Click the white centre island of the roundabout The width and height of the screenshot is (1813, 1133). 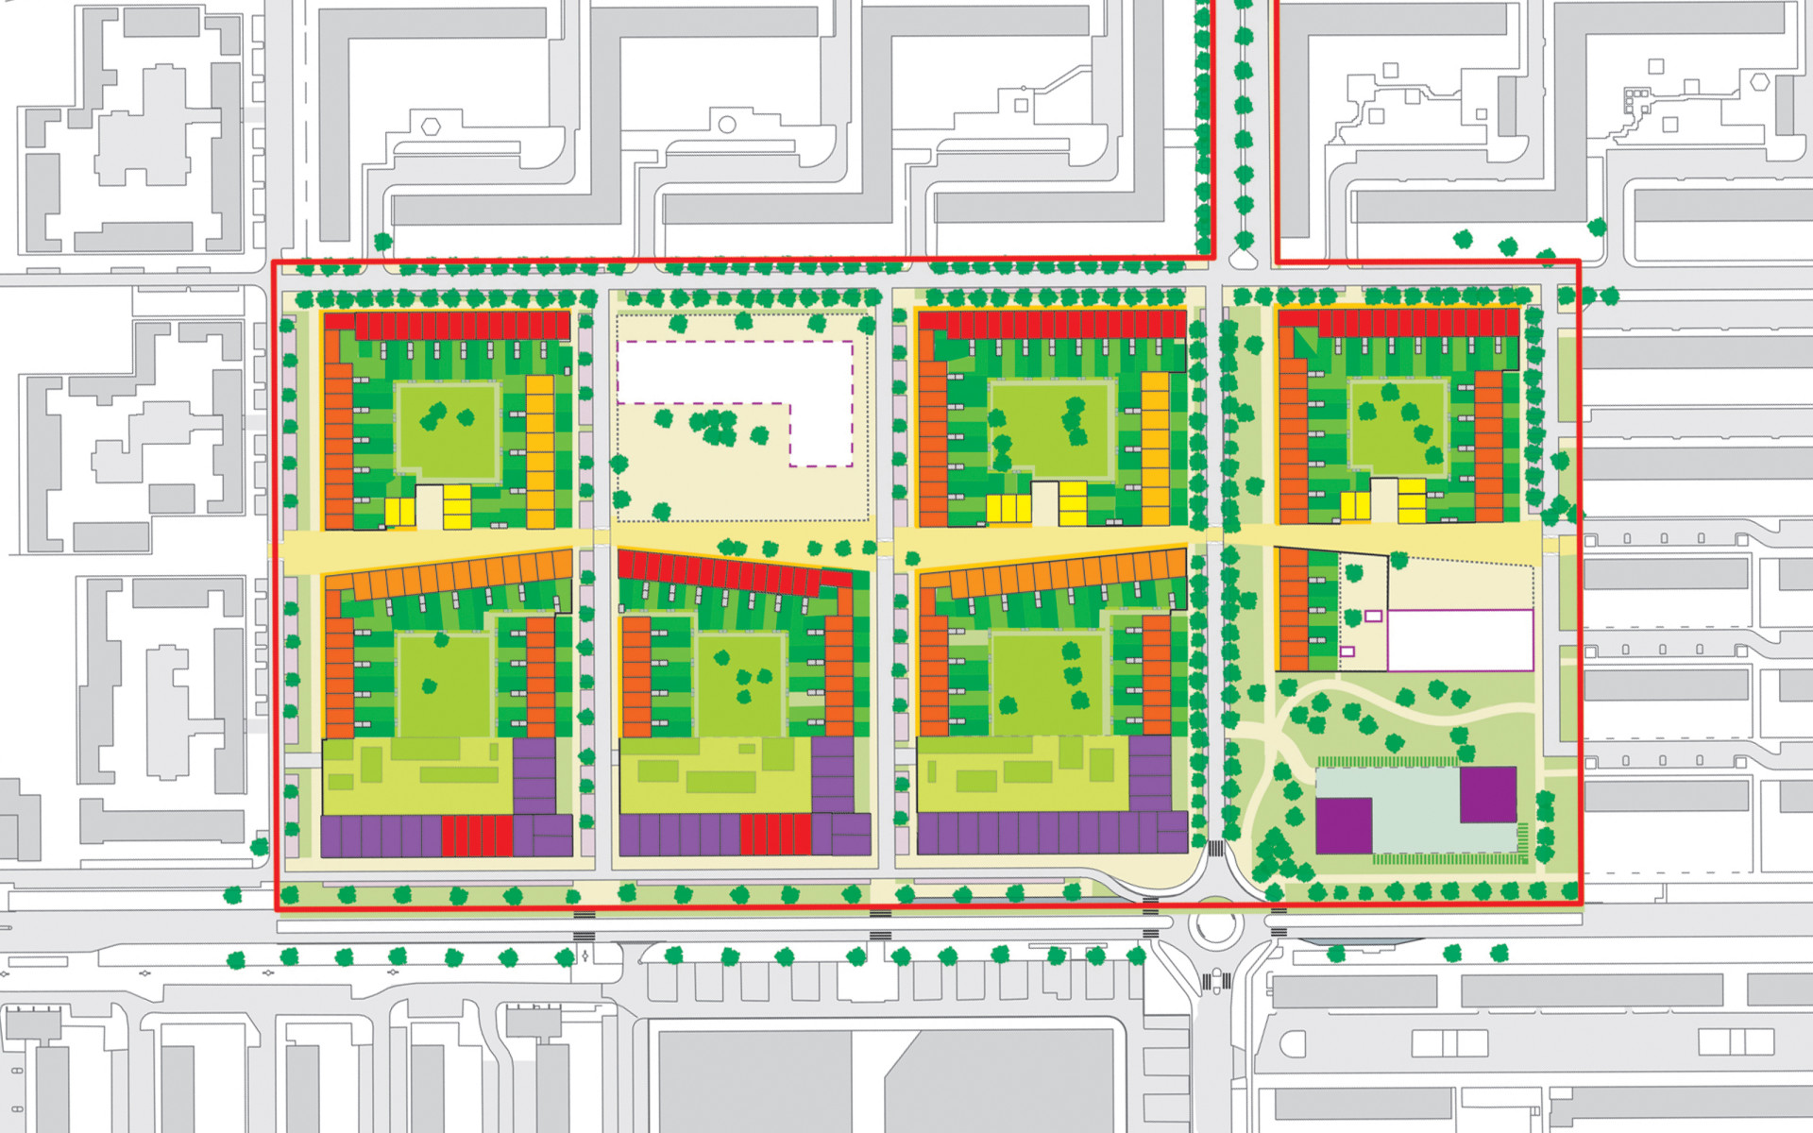1214,926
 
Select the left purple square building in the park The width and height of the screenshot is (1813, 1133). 1344,825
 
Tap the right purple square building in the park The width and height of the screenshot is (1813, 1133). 1488,794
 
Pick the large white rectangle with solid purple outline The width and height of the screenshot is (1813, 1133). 1460,640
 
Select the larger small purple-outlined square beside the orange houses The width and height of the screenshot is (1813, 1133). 1373,616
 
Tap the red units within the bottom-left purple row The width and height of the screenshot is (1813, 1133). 477,837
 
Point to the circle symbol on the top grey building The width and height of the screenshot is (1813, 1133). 727,125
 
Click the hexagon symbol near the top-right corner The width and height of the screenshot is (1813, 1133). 1759,82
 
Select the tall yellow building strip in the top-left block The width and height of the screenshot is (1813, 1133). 540,451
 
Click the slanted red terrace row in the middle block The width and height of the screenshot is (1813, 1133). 722,572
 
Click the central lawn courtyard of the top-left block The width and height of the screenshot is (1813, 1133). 447,431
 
